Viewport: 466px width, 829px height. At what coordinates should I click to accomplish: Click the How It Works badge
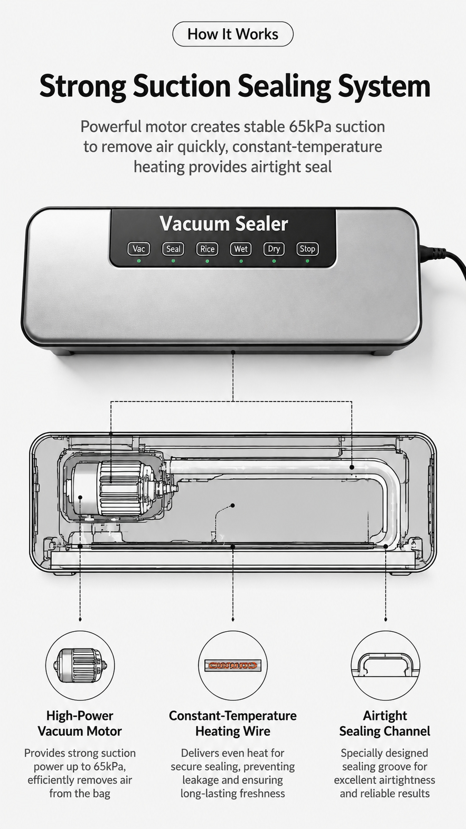(x=233, y=34)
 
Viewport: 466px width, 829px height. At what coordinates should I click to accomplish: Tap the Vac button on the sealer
(x=139, y=249)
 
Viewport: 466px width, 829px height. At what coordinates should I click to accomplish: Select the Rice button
(x=207, y=249)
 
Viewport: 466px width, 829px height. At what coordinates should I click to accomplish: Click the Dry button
(x=274, y=249)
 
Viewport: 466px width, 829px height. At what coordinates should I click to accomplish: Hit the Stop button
(x=307, y=249)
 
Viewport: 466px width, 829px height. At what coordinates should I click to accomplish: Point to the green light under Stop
(x=307, y=261)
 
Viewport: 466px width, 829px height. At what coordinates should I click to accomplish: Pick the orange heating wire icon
(x=233, y=665)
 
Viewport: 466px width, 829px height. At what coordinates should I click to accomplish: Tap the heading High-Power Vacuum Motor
(x=80, y=723)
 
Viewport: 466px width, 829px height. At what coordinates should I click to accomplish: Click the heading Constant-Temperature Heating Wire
(x=233, y=723)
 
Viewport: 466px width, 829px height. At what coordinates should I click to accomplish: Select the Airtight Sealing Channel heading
(x=385, y=723)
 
